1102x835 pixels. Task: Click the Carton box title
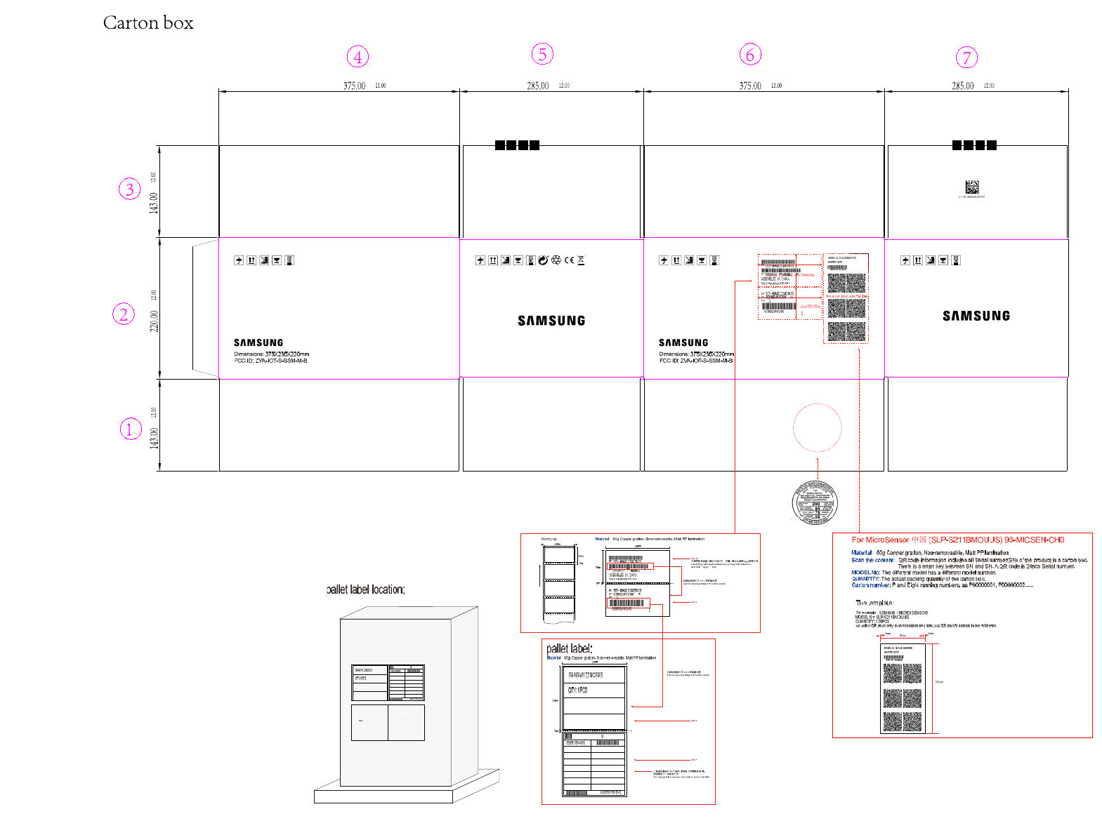tap(148, 23)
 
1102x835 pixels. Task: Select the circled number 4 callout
tap(358, 57)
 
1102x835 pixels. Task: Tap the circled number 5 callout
tap(542, 54)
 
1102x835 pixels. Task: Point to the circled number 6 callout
tap(750, 55)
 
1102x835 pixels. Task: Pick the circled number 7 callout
tap(966, 58)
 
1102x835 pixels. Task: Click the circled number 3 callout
tap(129, 189)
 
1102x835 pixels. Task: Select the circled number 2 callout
tap(124, 314)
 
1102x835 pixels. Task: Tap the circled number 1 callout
tap(130, 429)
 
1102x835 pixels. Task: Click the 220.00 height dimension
tap(154, 321)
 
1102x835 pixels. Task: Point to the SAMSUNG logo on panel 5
tap(551, 321)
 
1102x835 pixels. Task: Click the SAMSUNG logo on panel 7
tap(976, 316)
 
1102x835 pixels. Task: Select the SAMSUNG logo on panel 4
tap(258, 342)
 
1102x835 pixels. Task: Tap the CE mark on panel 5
tap(569, 260)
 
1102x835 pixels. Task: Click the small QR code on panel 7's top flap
tap(971, 187)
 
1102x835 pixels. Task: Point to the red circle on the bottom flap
tap(817, 427)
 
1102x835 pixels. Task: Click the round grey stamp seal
tap(815, 502)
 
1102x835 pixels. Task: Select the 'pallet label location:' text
tap(366, 589)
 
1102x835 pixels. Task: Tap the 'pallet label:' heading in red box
tap(570, 648)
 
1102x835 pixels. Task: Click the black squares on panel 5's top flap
tap(517, 145)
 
